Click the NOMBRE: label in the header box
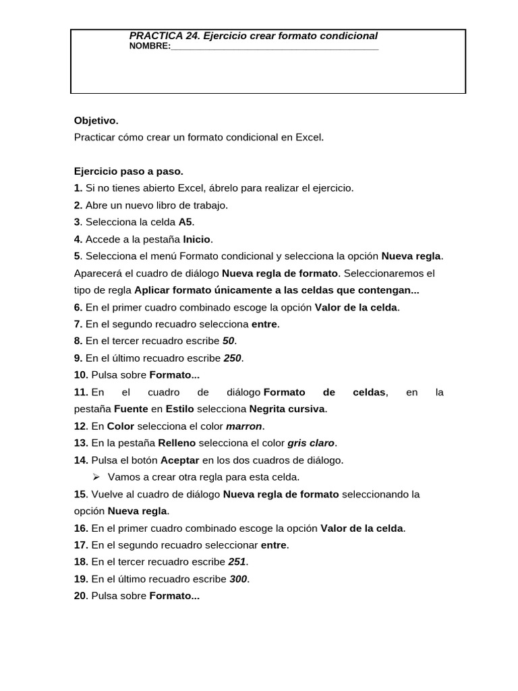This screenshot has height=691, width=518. click(x=149, y=47)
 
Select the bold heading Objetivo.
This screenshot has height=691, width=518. click(x=96, y=121)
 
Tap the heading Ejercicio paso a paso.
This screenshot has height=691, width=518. click(x=128, y=171)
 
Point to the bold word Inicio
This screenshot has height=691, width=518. click(x=197, y=240)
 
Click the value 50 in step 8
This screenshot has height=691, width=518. click(x=228, y=341)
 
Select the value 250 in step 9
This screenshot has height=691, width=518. click(x=232, y=358)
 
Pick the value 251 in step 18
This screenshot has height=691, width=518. click(x=237, y=562)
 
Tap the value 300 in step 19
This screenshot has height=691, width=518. click(x=238, y=579)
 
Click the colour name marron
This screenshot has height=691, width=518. click(x=245, y=426)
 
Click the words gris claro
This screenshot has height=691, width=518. click(x=311, y=443)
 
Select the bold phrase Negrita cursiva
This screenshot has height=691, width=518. click(x=287, y=409)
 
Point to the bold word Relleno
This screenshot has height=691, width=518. click(x=177, y=443)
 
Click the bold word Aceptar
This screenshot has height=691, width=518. click(x=179, y=460)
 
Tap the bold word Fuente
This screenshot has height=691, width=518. click(x=131, y=409)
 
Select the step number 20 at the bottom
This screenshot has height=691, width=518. click(x=80, y=597)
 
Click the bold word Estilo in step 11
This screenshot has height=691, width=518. click(x=179, y=409)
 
